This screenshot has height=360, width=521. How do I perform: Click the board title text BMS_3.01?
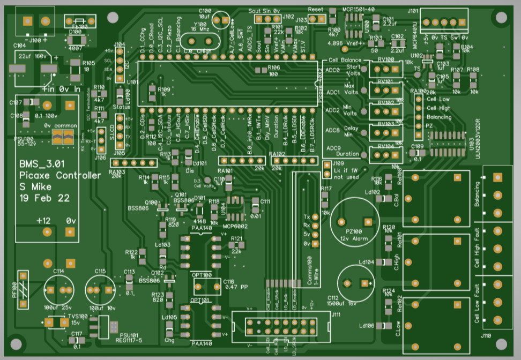pos(41,164)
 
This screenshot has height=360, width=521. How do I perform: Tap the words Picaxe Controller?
pos(59,175)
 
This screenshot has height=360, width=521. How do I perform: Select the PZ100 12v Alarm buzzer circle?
pos(355,221)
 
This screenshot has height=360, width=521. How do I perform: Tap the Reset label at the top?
pos(316,10)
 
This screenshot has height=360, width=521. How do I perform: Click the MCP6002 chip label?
pos(234,226)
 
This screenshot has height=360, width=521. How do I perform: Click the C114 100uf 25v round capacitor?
pos(59,289)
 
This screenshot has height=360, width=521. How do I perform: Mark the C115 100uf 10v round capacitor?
pos(100,289)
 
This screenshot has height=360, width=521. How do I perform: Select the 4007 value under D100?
pos(75,47)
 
